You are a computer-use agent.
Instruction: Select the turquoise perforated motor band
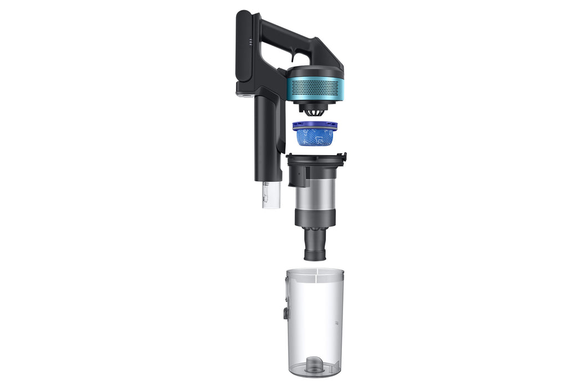[x=315, y=87]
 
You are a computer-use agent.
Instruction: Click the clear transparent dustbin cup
[x=315, y=321]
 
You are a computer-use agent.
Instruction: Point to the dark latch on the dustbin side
[x=285, y=313]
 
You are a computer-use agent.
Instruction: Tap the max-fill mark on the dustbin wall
[x=335, y=321]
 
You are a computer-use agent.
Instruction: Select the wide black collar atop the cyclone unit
[x=315, y=161]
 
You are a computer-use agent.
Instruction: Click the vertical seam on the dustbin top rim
[x=315, y=272]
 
